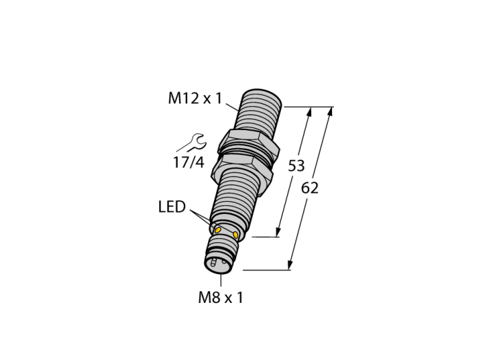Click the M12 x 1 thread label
point(195,99)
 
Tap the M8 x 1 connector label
point(221,297)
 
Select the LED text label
point(172,207)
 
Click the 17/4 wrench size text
point(189,162)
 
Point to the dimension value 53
point(296,166)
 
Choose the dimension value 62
point(310,188)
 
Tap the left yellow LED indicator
point(218,230)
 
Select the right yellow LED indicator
point(235,235)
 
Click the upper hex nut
point(249,142)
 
